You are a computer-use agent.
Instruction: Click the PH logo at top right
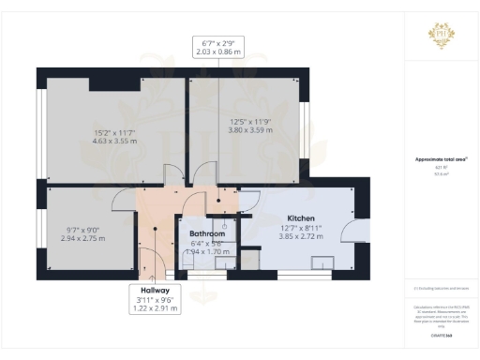tap(441, 36)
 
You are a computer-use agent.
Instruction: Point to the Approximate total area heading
tap(441, 159)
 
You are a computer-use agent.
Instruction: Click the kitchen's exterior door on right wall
tap(349, 235)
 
